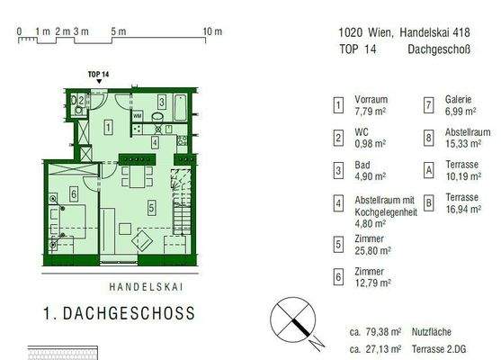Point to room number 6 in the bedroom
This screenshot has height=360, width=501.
click(74, 193)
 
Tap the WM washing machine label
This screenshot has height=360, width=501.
click(137, 116)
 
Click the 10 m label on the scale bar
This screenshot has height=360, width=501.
click(212, 31)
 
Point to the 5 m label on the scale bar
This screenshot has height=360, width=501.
click(118, 31)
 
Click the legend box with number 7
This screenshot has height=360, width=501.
click(429, 105)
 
